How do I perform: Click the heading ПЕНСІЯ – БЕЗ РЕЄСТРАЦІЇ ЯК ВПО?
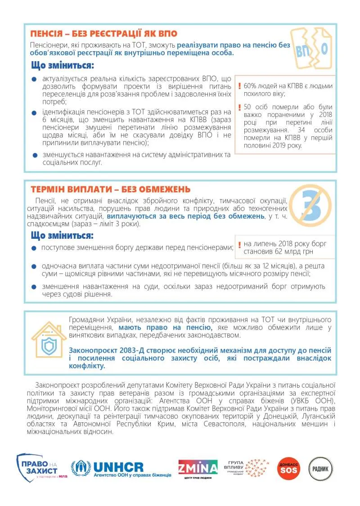(x=103, y=34)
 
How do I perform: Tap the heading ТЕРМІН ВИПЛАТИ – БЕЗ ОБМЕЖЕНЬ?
(x=110, y=189)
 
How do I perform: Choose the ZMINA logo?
(x=198, y=467)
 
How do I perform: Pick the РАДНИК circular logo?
(x=321, y=469)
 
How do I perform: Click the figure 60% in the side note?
(x=250, y=85)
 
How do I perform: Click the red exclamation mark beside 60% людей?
(x=240, y=85)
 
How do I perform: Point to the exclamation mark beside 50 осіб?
(x=240, y=107)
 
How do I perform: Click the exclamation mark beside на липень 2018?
(x=240, y=245)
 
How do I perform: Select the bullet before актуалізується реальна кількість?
(x=34, y=79)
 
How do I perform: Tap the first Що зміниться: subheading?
(x=63, y=66)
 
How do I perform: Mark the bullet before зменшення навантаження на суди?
(x=34, y=287)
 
